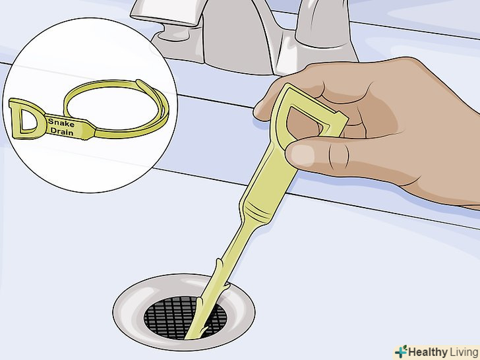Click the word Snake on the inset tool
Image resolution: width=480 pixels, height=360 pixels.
coord(61,123)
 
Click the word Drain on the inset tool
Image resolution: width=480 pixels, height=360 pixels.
coord(62,132)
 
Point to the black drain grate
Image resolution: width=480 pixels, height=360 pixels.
coord(185,317)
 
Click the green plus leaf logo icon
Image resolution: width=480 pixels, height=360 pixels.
coord(401,351)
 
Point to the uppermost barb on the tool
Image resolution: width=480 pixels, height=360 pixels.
coord(220,262)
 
